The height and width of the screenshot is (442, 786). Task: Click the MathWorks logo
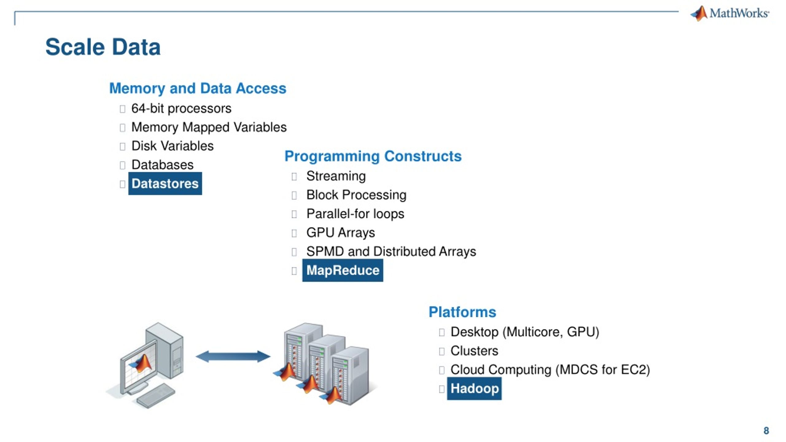[730, 14]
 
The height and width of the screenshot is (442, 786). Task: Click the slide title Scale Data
[103, 47]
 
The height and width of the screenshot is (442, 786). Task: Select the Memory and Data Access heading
[198, 88]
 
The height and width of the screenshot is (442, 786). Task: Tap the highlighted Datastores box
[165, 184]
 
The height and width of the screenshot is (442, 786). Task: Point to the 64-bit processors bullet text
[181, 108]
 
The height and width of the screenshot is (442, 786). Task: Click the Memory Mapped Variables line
[209, 127]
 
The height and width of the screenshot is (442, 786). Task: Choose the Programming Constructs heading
[373, 156]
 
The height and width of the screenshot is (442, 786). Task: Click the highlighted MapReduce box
[343, 270]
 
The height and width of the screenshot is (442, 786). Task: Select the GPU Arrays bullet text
[340, 233]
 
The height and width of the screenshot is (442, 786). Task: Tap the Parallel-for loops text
[355, 214]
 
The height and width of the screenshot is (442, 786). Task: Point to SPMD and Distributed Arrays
[391, 251]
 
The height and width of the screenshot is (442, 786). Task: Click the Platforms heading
[462, 312]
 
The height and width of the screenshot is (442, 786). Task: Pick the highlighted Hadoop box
[474, 388]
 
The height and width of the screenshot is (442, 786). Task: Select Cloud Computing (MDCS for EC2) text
[550, 370]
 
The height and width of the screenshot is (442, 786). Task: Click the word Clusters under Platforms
[474, 351]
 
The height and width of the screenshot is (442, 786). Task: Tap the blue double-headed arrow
[233, 356]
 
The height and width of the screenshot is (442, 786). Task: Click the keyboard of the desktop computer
[156, 396]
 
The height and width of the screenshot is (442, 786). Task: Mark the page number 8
[766, 431]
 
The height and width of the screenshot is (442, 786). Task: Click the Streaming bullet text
[336, 176]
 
